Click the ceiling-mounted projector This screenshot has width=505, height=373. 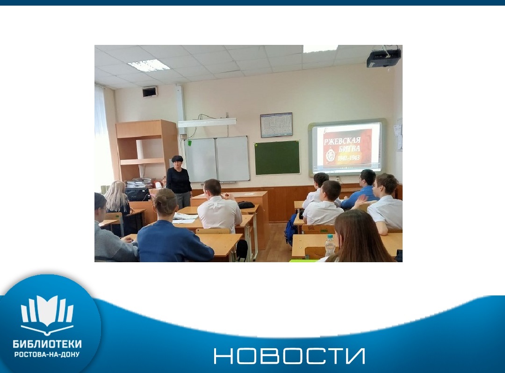pyautogui.click(x=383, y=58)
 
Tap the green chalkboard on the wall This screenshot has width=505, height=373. pyautogui.click(x=277, y=158)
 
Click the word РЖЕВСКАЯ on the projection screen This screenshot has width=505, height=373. pyautogui.click(x=342, y=141)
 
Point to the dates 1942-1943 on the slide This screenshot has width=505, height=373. pyautogui.click(x=348, y=158)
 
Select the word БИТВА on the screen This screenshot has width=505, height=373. pyautogui.click(x=349, y=149)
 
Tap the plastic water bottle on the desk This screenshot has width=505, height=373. pyautogui.click(x=330, y=246)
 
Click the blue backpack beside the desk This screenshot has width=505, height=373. pyautogui.click(x=290, y=230)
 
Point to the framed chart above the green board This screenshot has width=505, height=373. pyautogui.click(x=276, y=124)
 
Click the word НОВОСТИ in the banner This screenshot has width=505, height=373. pyautogui.click(x=289, y=356)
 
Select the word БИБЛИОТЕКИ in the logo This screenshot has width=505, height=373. pyautogui.click(x=47, y=344)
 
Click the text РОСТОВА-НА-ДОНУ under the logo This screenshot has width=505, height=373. pyautogui.click(x=47, y=354)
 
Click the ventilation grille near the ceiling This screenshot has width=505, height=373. pyautogui.click(x=150, y=92)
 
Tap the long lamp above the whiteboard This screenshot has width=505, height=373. pyautogui.click(x=207, y=122)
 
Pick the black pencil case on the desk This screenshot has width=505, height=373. pyautogui.click(x=246, y=205)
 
